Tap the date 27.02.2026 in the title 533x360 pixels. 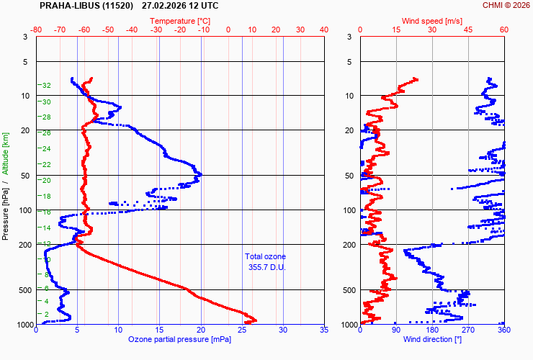[165, 6]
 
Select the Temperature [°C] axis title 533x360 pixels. [180, 20]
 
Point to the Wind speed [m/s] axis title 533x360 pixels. [431, 20]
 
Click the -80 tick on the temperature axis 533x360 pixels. [37, 30]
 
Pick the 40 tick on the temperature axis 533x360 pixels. [323, 30]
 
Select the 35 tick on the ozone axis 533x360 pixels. [323, 330]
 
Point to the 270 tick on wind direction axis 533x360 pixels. [468, 330]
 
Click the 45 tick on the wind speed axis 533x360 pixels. [468, 30]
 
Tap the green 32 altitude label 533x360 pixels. [46, 86]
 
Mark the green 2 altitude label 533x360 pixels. [48, 314]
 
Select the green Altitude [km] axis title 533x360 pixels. [6, 153]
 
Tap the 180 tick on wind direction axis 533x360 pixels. [431, 330]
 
